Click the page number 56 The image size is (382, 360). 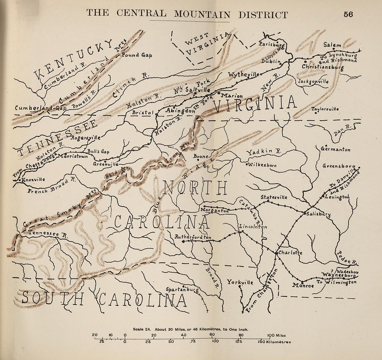click(348, 14)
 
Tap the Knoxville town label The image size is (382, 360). click(33, 180)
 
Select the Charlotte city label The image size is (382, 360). click(290, 253)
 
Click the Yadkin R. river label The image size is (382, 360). click(264, 152)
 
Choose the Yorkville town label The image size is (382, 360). click(240, 282)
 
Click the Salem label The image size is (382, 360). click(332, 45)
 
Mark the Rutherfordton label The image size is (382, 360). click(193, 237)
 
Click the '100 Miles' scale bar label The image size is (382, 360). click(276, 335)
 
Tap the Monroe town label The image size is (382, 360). click(303, 285)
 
